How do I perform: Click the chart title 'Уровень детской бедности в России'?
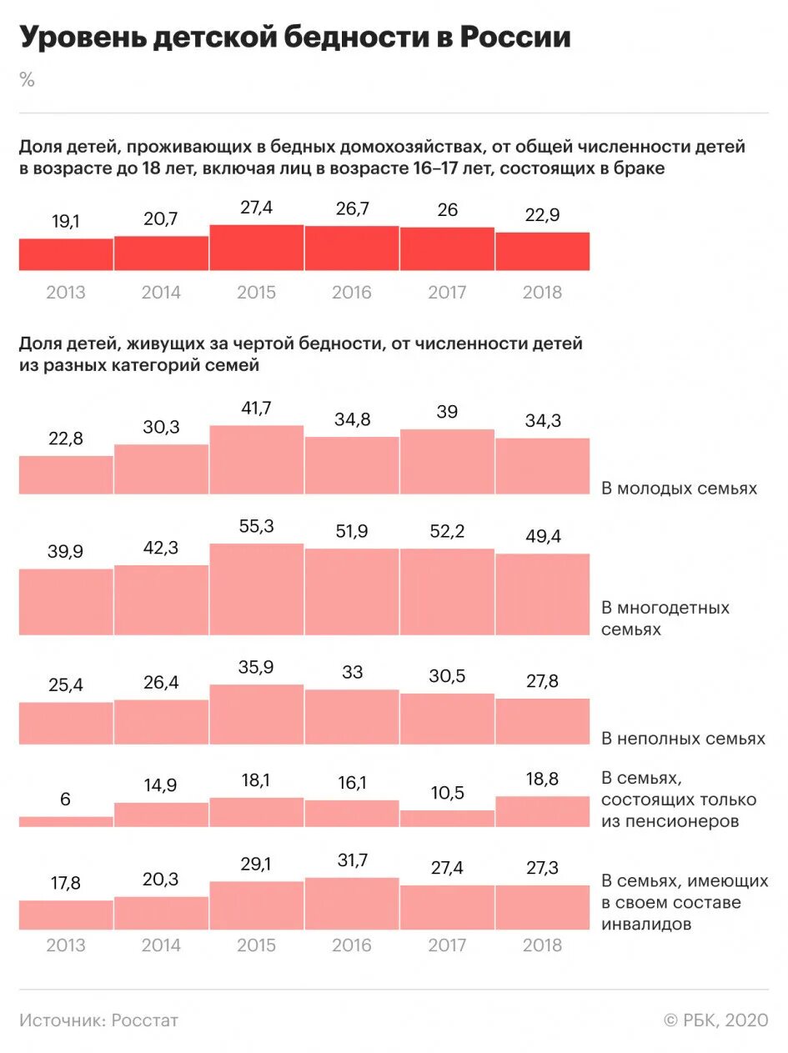[295, 38]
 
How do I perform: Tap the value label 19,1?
[66, 223]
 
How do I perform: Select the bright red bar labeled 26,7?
[352, 248]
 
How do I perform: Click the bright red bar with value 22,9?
[543, 252]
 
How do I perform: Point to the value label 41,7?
[256, 409]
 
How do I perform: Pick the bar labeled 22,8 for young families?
[66, 475]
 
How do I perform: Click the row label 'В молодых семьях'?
[679, 489]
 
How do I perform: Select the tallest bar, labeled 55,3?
[256, 589]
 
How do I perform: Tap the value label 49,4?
[543, 537]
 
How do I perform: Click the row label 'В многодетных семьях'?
[665, 619]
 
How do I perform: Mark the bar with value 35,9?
[256, 715]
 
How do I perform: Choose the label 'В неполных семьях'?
[683, 739]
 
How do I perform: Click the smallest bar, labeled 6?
[66, 822]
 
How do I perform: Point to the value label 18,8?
[543, 780]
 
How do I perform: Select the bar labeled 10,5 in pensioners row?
[447, 819]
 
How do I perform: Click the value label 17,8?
[66, 884]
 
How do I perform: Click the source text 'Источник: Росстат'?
[99, 1020]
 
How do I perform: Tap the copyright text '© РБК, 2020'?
[715, 1020]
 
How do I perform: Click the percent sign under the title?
[28, 80]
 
